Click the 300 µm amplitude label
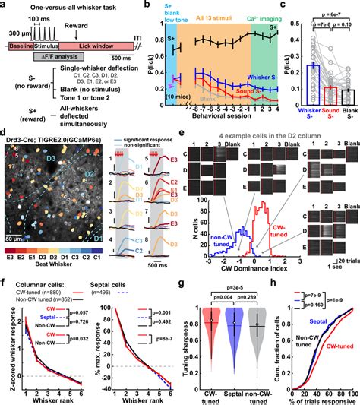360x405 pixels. (19, 36)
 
